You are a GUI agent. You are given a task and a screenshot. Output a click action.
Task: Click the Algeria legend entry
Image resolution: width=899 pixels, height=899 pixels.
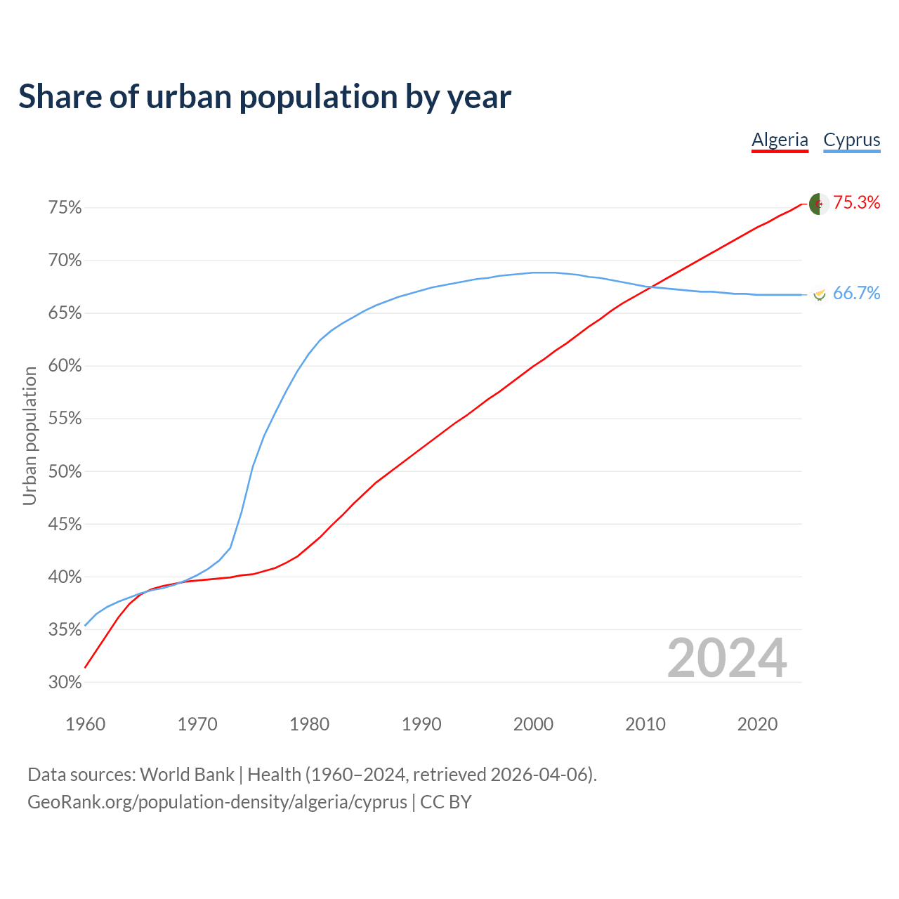point(780,140)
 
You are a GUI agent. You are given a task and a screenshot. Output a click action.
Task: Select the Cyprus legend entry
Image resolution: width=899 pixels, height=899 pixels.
point(851,140)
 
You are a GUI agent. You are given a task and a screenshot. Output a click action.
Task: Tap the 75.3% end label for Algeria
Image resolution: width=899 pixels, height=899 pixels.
point(857,203)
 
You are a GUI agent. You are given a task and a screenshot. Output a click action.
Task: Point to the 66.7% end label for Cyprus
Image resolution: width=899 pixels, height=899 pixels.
point(856,294)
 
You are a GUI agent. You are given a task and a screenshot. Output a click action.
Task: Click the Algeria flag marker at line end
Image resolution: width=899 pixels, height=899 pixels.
point(819,204)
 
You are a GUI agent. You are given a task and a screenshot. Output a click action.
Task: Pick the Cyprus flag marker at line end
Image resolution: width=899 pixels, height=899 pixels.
point(819,294)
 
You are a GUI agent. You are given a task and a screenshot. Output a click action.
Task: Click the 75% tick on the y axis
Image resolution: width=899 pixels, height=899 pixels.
point(65,208)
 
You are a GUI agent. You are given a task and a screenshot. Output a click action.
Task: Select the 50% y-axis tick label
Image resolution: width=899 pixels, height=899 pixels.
point(65,472)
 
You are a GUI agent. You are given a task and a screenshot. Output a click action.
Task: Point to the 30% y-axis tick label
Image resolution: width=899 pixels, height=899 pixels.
point(65,683)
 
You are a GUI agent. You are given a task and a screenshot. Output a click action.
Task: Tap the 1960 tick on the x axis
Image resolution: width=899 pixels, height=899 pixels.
point(85,724)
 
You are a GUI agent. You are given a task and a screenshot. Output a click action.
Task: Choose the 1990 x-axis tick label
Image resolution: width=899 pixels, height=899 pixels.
point(421,724)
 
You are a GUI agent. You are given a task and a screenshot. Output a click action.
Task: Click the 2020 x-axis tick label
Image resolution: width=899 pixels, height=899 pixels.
point(757,724)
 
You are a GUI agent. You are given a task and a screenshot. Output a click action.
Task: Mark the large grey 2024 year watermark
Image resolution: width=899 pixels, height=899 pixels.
point(727,658)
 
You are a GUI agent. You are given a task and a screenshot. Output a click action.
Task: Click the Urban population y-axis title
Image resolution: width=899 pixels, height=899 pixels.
point(29,436)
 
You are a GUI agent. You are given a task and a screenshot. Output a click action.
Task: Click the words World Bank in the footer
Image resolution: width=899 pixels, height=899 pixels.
point(187,775)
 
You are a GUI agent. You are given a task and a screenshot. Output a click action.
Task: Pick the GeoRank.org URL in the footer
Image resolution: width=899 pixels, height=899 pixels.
point(217,802)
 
